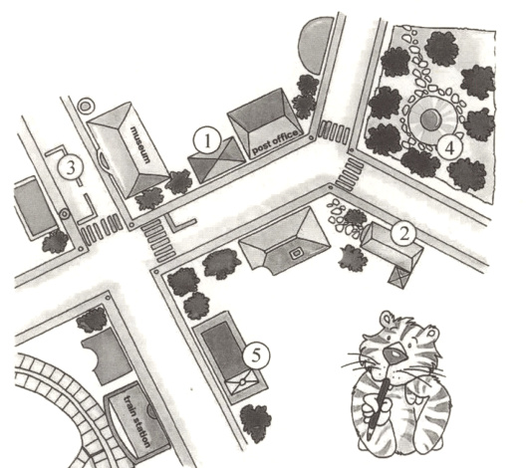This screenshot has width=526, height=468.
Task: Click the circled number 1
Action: point(207,141)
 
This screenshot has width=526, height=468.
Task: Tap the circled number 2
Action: point(403,235)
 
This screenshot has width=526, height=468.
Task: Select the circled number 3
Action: point(71,168)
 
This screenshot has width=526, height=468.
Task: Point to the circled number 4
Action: point(450,147)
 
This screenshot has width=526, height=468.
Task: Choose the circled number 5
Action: point(256,355)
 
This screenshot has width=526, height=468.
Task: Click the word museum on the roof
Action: point(139,143)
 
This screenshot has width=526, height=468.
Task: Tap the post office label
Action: point(275,142)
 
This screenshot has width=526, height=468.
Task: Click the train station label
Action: point(136,421)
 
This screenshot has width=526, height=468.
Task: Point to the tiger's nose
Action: point(394,353)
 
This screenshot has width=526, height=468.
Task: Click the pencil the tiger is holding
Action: point(379,407)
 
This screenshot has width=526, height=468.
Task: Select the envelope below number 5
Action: point(242,381)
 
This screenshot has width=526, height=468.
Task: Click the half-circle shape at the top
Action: point(315,45)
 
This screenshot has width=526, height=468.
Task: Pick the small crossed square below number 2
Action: point(399,277)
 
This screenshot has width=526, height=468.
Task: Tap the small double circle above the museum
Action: point(86,107)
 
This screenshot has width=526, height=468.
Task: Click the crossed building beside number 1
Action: point(217,159)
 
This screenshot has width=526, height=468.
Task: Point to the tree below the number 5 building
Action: point(255,423)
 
